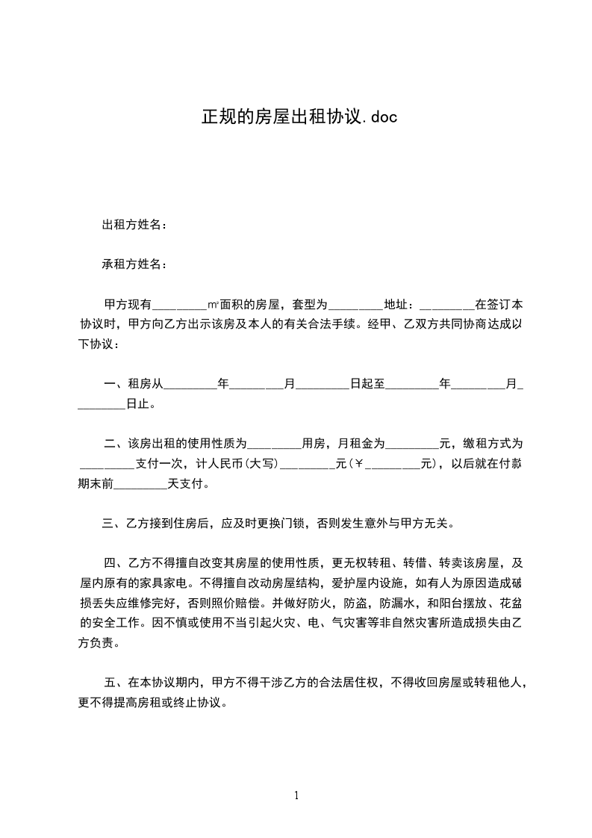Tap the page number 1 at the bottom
pos(296,795)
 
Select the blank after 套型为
pos(355,305)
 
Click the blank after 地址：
pos(447,305)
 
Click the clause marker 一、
pos(115,385)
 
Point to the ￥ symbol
pos(358,464)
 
